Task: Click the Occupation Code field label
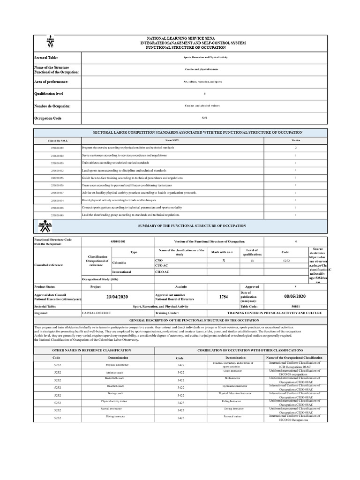click(x=48, y=119)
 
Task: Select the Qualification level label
click(x=48, y=94)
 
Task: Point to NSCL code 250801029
click(x=57, y=148)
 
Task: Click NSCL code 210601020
click(x=57, y=155)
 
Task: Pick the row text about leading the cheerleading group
click(x=131, y=215)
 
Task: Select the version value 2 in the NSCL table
click(x=295, y=148)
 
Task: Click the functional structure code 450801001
click(x=118, y=241)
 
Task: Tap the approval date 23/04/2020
click(x=118, y=296)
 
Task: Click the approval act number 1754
click(x=224, y=297)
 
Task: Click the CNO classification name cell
click(x=159, y=259)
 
